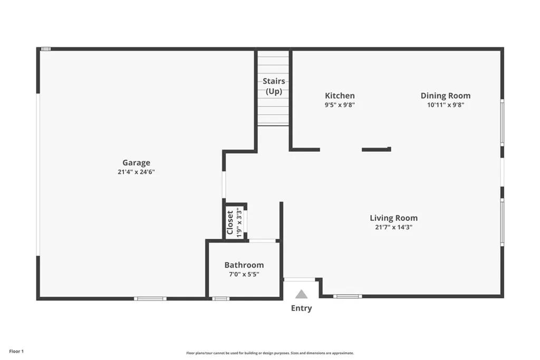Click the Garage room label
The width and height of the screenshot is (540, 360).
tap(136, 163)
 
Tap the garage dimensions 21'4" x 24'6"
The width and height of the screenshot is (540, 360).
tap(136, 172)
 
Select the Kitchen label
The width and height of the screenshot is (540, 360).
tap(340, 95)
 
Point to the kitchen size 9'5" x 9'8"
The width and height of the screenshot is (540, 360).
tap(340, 104)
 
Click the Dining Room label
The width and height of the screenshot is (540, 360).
tap(445, 95)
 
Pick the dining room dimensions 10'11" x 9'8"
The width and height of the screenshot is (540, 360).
tap(445, 104)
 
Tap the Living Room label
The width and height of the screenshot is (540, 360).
tap(393, 218)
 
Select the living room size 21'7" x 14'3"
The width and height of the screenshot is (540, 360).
tap(393, 227)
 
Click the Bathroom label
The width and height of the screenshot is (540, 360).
tap(244, 265)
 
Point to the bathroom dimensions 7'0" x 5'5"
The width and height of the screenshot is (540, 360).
tap(244, 274)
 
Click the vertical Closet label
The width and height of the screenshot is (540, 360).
tap(230, 222)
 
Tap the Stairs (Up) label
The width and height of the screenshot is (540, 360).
tap(274, 86)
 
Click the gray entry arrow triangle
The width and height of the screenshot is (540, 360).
tap(301, 294)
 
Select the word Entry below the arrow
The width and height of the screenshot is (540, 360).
tap(301, 308)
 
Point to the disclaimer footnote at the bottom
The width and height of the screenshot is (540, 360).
tap(269, 353)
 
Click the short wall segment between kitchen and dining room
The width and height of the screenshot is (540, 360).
tap(376, 150)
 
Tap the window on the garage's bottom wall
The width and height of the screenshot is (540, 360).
tap(150, 299)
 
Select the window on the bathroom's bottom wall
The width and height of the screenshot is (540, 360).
tap(220, 299)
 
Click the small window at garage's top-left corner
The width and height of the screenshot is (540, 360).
tap(46, 49)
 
